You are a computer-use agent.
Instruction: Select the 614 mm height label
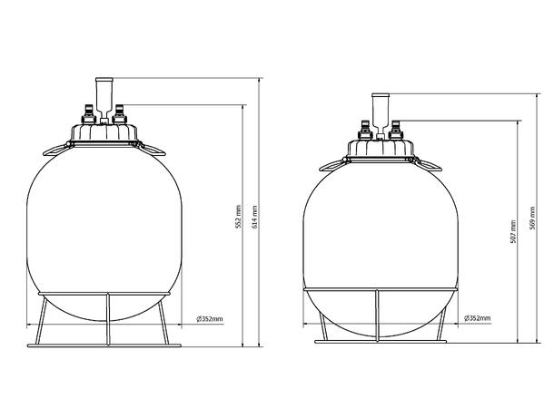click(256, 216)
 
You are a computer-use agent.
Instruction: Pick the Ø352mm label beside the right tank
click(478, 318)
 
